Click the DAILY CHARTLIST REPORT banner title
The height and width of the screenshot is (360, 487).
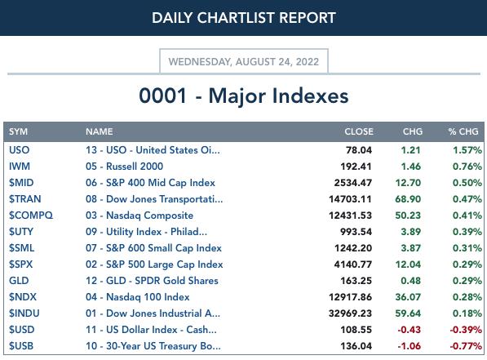pyautogui.click(x=244, y=18)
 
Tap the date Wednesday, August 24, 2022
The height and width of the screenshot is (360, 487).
pyautogui.click(x=244, y=61)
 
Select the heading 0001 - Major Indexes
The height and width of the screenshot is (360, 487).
pyautogui.click(x=244, y=96)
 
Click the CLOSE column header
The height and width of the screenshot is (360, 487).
pyautogui.click(x=359, y=131)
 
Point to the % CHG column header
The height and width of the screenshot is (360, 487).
pyautogui.click(x=463, y=131)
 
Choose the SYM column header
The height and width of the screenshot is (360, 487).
pyautogui.click(x=18, y=131)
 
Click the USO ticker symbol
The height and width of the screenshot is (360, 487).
pyautogui.click(x=20, y=150)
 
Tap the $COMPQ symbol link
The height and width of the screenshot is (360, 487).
pyautogui.click(x=31, y=216)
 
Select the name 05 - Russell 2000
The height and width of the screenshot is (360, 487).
pyautogui.click(x=124, y=167)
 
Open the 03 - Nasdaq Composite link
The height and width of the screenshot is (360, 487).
pyautogui.click(x=139, y=216)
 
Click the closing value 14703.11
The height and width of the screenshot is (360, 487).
pyautogui.click(x=350, y=199)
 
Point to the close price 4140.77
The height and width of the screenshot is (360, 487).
pyautogui.click(x=353, y=264)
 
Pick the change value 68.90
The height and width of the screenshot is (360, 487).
pyautogui.click(x=408, y=199)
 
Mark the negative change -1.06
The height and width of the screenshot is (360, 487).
pyautogui.click(x=409, y=346)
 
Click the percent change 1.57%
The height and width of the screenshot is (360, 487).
pyautogui.click(x=467, y=150)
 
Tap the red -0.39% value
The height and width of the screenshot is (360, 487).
pyautogui.click(x=466, y=330)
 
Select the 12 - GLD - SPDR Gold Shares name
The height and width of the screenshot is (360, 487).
pyautogui.click(x=152, y=281)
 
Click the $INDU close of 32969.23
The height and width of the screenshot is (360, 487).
pyautogui.click(x=350, y=313)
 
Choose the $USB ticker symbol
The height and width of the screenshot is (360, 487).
pyautogui.click(x=21, y=346)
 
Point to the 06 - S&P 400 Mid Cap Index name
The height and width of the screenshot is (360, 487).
pyautogui.click(x=150, y=183)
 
